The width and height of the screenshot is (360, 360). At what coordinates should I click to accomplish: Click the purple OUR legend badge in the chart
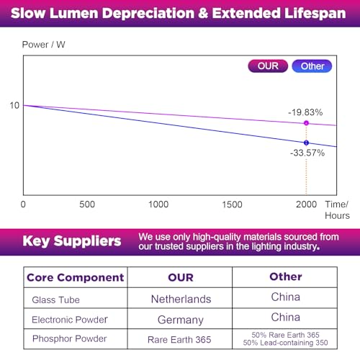(268, 66)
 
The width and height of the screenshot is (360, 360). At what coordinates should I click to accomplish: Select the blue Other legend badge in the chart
(312, 66)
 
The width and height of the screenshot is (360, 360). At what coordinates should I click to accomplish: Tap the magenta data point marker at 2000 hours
(306, 123)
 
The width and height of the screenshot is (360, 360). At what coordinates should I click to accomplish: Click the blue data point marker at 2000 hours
(306, 143)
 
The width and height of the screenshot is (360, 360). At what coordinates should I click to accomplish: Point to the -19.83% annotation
(305, 112)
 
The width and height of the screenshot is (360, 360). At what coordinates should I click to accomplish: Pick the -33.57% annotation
(307, 153)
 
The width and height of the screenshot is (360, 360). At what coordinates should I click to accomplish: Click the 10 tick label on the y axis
(14, 105)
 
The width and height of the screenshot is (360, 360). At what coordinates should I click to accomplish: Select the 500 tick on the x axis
(87, 204)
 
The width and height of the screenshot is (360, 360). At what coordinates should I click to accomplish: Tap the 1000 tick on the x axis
(158, 204)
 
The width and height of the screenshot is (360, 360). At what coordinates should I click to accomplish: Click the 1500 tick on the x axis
(232, 204)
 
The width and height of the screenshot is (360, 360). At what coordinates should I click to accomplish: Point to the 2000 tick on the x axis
(307, 204)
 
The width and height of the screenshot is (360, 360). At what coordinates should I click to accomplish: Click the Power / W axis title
(44, 45)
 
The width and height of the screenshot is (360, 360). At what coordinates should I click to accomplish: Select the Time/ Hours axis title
(337, 210)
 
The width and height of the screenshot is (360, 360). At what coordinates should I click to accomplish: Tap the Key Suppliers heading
(72, 241)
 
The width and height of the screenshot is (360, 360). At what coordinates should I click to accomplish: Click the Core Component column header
(76, 277)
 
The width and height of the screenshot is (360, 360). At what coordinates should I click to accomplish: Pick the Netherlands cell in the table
(181, 300)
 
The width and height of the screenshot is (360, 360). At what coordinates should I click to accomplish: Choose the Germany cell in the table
(181, 320)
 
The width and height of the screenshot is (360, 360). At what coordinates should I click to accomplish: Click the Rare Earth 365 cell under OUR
(179, 340)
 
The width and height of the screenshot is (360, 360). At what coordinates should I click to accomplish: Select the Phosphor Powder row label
(70, 338)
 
